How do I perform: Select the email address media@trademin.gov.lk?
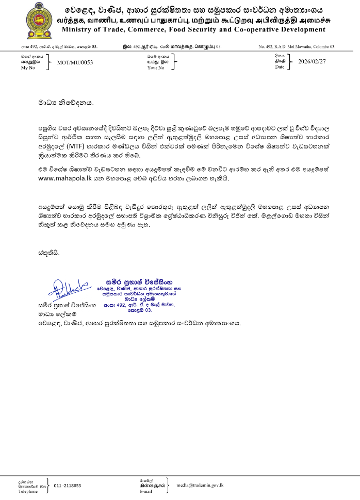(200, 485)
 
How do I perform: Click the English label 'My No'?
(27, 68)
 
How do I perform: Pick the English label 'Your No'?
(155, 68)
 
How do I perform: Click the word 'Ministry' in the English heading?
(78, 30)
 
